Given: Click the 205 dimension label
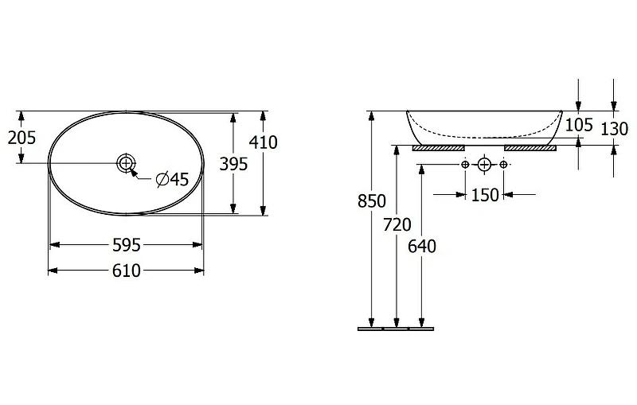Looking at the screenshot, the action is tap(22, 138).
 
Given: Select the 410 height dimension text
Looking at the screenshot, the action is tap(264, 142).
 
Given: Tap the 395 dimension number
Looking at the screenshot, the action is tap(233, 164).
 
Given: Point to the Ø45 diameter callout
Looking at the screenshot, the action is tap(173, 179).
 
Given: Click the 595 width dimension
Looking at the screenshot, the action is tap(127, 245).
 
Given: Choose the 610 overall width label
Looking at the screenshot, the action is tap(127, 271).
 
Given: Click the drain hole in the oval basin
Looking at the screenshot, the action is tap(126, 163).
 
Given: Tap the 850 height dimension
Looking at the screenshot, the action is tap(372, 201).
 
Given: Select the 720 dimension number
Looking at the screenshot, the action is tap(397, 224).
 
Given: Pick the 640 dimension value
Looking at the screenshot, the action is tap(422, 247).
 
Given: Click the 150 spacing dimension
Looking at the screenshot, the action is tap(485, 195).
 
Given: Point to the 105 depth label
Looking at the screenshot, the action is tap(580, 125).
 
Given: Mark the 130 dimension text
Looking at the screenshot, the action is tap(614, 129).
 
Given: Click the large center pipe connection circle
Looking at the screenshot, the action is tap(484, 165).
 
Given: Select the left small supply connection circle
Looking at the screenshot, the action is tap(465, 165).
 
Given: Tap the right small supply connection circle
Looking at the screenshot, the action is tap(503, 165).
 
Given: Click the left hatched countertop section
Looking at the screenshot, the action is tap(439, 148).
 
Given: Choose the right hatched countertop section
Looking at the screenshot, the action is tap(530, 148).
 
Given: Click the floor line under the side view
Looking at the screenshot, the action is tap(396, 329).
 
